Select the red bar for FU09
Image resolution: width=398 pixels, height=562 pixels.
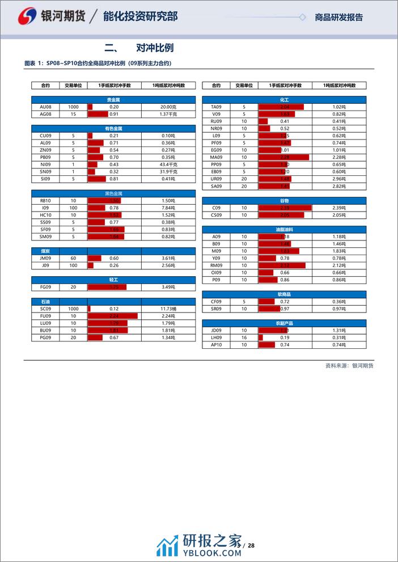pyautogui.click(x=113, y=316)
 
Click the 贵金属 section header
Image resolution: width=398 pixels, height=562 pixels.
pyautogui.click(x=113, y=100)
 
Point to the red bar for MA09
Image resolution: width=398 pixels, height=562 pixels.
pyautogui.click(x=283, y=157)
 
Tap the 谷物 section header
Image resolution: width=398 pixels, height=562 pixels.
pyautogui.click(x=284, y=201)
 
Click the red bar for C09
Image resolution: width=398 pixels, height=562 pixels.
pyautogui.click(x=285, y=208)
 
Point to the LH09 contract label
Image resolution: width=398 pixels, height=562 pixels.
pyautogui.click(x=216, y=337)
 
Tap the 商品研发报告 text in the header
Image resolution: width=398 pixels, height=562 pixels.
pyautogui.click(x=339, y=18)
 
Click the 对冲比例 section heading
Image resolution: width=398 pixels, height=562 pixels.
pyautogui.click(x=155, y=48)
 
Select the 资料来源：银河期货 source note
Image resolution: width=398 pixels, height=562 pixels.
pyautogui.click(x=349, y=365)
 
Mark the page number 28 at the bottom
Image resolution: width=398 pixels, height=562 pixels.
pyautogui.click(x=252, y=546)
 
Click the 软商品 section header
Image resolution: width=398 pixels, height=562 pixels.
pyautogui.click(x=284, y=294)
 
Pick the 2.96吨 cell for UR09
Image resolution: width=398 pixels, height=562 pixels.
pyautogui.click(x=339, y=179)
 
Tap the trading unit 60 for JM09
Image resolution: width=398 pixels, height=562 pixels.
pyautogui.click(x=73, y=258)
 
